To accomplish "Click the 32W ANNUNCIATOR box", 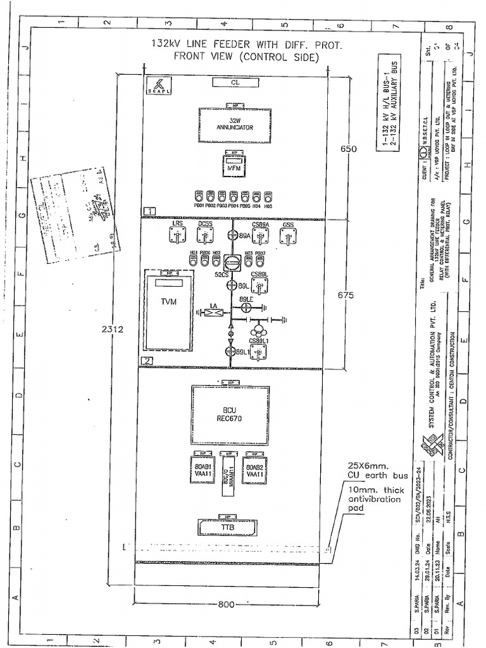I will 235,124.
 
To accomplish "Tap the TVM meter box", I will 168,310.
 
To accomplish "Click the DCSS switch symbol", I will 204,236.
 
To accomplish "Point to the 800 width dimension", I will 226,604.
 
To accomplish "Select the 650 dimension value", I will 349,149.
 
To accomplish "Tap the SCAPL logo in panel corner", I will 155,85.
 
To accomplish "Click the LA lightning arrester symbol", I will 214,311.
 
